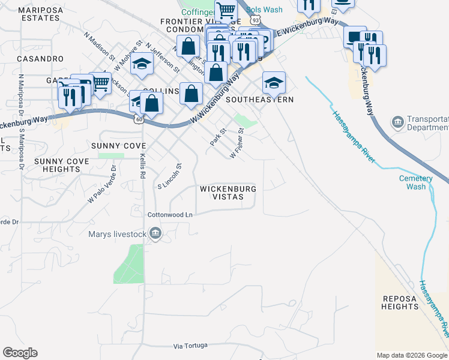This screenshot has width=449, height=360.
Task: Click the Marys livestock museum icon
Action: tap(155, 233)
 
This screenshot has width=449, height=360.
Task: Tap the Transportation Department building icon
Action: tap(397, 123)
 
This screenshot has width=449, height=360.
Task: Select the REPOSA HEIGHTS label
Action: tap(400, 302)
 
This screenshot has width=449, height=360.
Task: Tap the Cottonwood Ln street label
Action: tap(170, 214)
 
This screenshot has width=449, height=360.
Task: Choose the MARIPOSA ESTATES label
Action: tap(38, 14)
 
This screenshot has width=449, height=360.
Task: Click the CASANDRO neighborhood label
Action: tap(40, 59)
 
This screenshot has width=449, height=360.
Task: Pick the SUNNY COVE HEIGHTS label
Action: tap(61, 166)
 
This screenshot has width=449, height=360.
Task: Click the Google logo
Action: tap(20, 353)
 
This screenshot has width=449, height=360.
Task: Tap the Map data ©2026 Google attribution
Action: tap(412, 355)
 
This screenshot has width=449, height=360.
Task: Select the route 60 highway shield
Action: tap(139, 120)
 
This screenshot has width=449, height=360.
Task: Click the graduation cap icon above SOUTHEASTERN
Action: tap(274, 82)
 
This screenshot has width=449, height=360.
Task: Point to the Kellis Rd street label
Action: tap(142, 167)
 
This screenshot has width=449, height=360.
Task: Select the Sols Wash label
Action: tap(264, 10)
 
